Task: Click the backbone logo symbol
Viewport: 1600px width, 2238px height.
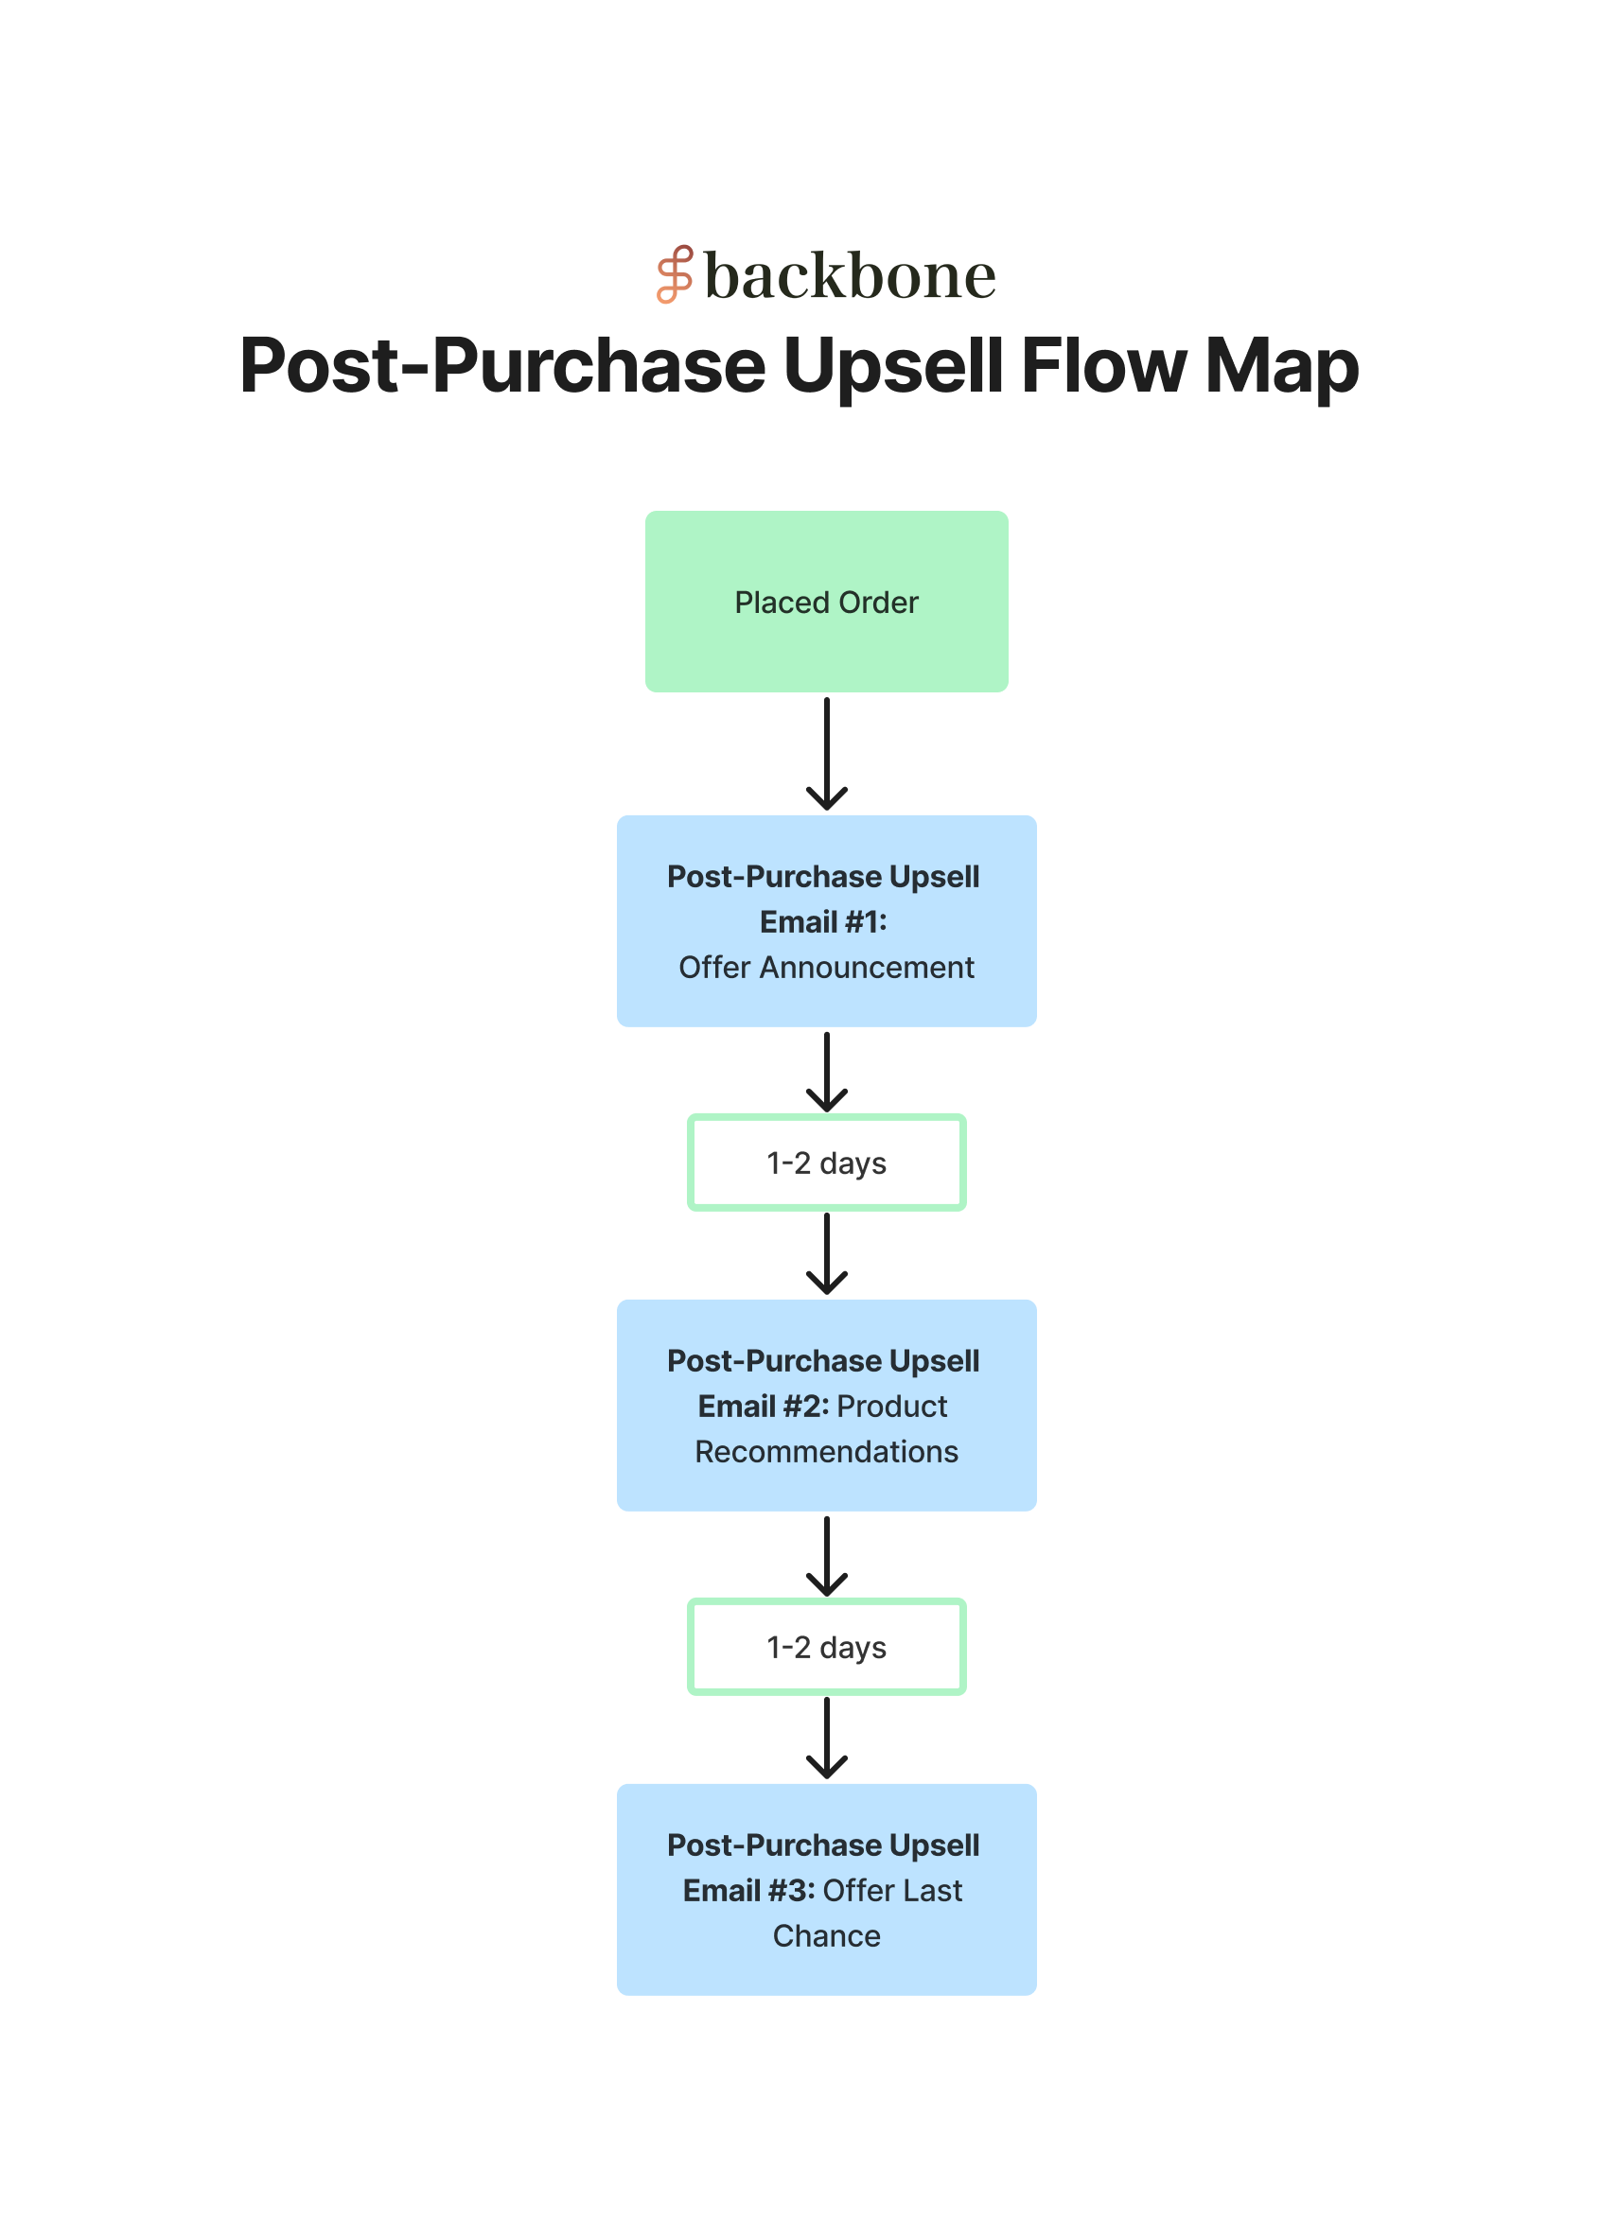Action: point(675,274)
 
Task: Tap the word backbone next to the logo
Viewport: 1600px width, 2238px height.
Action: point(850,276)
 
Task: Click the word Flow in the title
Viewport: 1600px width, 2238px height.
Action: point(1103,365)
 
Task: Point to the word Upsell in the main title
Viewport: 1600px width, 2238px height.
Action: point(892,367)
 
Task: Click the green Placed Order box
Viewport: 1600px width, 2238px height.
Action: point(826,601)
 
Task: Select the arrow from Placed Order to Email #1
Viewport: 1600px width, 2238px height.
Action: point(827,754)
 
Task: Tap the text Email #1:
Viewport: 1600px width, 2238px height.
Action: point(822,922)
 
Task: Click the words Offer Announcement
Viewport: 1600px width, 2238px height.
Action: point(826,968)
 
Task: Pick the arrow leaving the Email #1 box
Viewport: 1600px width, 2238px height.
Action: point(827,1072)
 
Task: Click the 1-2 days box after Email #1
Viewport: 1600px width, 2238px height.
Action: point(826,1163)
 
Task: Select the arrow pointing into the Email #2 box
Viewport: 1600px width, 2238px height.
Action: point(827,1253)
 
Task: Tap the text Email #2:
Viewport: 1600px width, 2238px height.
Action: point(763,1406)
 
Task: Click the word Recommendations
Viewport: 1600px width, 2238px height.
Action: point(826,1451)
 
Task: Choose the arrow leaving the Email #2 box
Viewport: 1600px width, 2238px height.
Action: point(827,1555)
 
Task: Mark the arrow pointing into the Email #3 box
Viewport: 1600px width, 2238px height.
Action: point(827,1737)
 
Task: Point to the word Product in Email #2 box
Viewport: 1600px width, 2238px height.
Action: point(891,1406)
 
